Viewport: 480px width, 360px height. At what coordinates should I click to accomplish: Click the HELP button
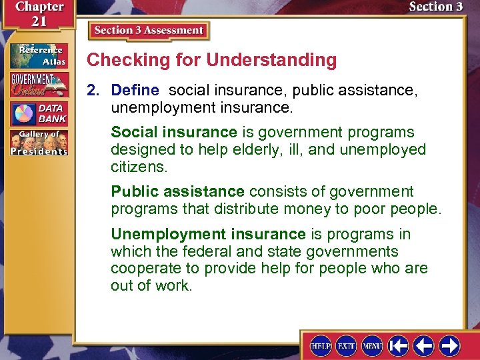(x=321, y=345)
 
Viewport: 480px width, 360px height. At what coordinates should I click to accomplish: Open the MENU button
(x=372, y=345)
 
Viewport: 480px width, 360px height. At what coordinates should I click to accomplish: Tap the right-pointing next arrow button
(x=449, y=345)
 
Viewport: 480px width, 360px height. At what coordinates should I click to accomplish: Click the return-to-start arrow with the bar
(x=399, y=345)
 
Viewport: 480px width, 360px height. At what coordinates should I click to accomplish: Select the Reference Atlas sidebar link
(x=38, y=56)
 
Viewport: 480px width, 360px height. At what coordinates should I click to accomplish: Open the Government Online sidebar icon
(x=38, y=85)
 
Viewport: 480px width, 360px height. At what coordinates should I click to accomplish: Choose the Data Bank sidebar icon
(x=38, y=113)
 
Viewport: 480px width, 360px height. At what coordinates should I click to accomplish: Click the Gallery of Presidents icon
(x=38, y=143)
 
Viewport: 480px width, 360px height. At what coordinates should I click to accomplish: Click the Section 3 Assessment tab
(x=149, y=31)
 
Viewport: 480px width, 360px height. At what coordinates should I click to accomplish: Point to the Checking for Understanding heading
(x=212, y=60)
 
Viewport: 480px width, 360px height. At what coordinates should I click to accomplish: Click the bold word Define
(x=135, y=90)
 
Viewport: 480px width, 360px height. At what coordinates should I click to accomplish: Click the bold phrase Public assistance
(x=178, y=192)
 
